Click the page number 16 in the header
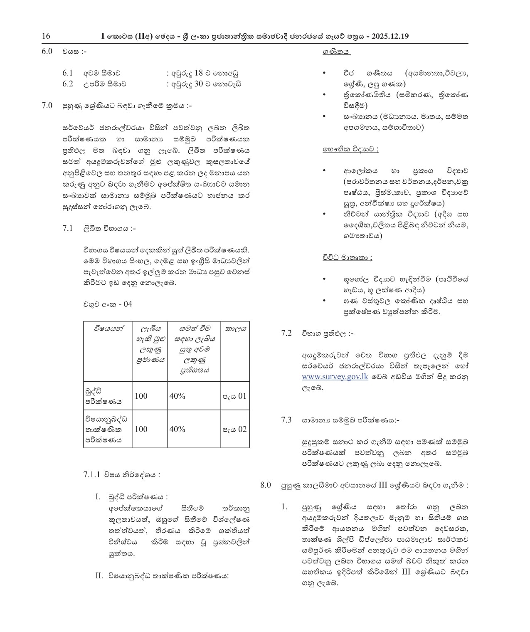coord(46,36)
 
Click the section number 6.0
coord(47,52)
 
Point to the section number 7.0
coord(47,106)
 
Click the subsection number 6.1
coord(68,73)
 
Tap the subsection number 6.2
coord(68,84)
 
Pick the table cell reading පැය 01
coord(235,396)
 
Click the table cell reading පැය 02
coord(235,429)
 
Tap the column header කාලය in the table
coord(235,328)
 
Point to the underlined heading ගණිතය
coord(336,52)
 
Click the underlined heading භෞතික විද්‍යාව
coord(350,150)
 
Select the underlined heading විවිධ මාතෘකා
coord(347,257)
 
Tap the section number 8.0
coord(266,485)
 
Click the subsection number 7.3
coord(286,420)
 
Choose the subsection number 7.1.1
coord(92,474)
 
